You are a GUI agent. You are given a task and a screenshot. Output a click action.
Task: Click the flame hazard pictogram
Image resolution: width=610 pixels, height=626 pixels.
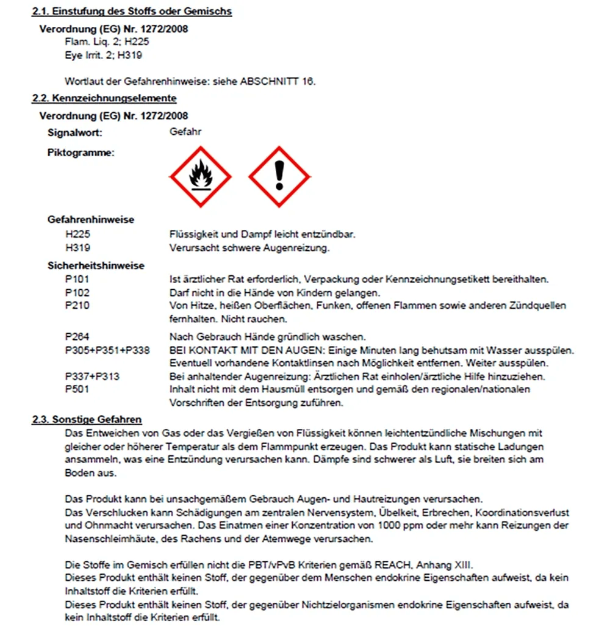click(x=200, y=177)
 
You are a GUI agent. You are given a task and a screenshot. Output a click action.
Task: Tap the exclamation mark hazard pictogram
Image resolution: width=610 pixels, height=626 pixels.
click(x=279, y=177)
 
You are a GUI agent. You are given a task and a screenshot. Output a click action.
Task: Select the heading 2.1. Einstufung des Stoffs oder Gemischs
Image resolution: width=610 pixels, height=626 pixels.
click(x=132, y=12)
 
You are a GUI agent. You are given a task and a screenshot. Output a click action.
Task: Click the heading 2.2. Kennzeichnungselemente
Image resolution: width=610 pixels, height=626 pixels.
click(x=104, y=98)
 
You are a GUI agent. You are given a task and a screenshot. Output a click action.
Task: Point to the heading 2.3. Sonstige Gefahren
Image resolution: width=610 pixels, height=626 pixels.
click(x=87, y=419)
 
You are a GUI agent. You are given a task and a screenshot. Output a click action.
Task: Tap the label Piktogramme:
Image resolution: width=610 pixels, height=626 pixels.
click(x=81, y=153)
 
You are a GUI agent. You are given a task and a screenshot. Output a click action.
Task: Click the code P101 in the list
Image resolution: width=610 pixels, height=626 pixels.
click(x=77, y=279)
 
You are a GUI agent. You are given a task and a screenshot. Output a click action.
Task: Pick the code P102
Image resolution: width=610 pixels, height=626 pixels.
click(x=77, y=292)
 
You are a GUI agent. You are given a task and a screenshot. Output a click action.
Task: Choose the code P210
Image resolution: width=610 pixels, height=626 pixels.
click(x=77, y=305)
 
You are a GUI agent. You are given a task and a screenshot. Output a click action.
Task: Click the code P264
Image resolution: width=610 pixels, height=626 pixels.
click(x=77, y=337)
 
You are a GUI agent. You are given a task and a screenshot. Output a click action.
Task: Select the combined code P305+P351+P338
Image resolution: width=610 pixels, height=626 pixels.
click(x=107, y=350)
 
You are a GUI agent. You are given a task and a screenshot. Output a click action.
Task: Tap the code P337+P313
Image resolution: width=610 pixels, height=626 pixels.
click(x=92, y=376)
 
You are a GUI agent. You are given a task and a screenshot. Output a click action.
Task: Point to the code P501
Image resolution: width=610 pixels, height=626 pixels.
click(x=77, y=389)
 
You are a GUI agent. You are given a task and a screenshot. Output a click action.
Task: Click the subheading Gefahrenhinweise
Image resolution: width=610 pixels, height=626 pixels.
click(x=91, y=220)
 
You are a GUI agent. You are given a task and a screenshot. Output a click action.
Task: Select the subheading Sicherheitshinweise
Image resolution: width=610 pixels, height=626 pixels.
click(x=96, y=265)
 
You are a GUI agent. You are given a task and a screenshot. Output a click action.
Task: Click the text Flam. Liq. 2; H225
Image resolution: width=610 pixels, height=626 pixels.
click(x=106, y=42)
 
